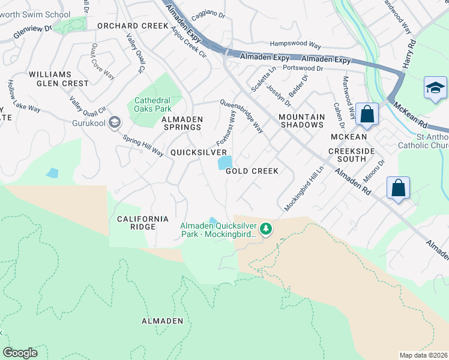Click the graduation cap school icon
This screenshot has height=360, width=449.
tap(434, 88)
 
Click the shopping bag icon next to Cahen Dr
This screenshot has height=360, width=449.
tap(367, 113)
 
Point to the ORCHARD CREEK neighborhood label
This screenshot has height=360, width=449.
tap(133, 26)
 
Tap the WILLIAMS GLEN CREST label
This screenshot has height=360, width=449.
tap(58, 79)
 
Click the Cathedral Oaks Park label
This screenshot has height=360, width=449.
tap(152, 104)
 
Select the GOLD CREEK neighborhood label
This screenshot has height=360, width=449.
tap(252, 171)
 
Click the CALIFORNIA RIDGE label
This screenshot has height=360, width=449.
tap(136, 223)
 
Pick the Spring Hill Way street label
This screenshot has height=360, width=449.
tap(142, 145)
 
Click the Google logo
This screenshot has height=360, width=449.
tap(20, 353)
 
